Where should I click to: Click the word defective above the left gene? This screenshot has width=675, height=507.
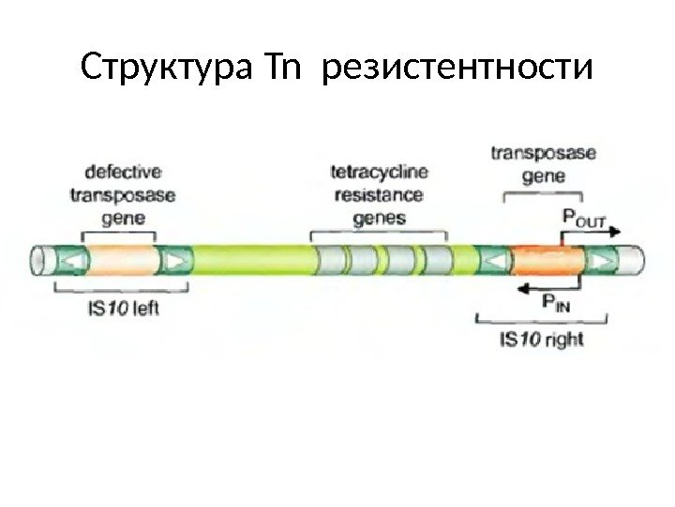(122, 172)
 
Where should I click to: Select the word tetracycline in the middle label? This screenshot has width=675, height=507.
(378, 173)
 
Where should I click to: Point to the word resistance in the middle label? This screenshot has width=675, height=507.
(378, 196)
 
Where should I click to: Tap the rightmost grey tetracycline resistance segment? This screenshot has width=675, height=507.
(437, 258)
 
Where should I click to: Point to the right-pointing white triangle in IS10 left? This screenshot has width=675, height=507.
(173, 258)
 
